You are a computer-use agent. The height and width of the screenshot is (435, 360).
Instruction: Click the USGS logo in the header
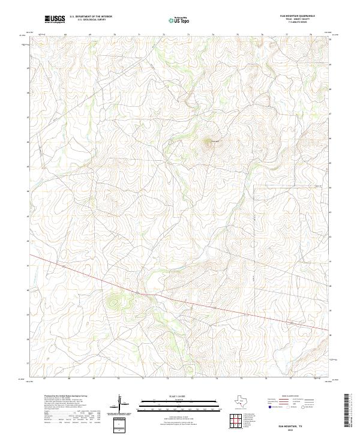pyautogui.click(x=55, y=19)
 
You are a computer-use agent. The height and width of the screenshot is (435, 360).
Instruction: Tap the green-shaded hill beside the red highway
pyautogui.click(x=114, y=300)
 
